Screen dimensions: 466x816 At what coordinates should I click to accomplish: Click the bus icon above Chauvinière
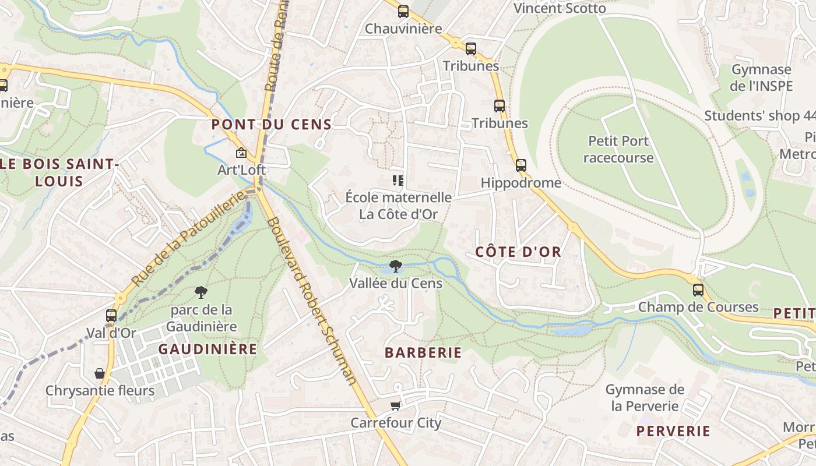tap(403, 12)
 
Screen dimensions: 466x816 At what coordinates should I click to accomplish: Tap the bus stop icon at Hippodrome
tap(521, 165)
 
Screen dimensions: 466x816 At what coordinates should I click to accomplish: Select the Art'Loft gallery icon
tap(241, 153)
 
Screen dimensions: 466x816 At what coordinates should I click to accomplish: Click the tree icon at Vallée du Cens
tap(396, 267)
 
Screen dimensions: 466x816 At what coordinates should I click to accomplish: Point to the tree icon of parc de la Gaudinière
tap(201, 292)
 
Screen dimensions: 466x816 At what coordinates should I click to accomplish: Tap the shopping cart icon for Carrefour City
tap(396, 406)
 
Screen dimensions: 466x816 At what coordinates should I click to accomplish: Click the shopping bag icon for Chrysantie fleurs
tap(100, 373)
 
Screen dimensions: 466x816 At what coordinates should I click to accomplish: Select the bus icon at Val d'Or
tap(111, 316)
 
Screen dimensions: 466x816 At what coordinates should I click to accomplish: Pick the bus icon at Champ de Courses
tap(698, 290)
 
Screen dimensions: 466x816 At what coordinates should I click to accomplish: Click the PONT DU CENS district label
tap(271, 124)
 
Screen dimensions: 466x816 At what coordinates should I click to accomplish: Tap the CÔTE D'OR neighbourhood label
tap(518, 252)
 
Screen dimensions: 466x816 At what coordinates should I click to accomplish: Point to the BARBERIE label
tap(423, 352)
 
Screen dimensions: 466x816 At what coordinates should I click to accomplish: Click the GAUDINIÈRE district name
tap(207, 349)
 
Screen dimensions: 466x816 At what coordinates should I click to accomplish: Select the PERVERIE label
tap(673, 431)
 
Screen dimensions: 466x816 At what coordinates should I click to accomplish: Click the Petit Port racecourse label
tap(618, 149)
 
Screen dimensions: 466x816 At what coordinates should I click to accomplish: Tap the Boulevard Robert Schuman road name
tap(312, 301)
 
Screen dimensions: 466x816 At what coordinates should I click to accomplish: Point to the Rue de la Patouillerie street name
tap(188, 239)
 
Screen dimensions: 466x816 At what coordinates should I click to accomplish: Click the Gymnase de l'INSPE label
tap(761, 77)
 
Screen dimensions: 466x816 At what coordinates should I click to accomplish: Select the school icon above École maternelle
tap(398, 181)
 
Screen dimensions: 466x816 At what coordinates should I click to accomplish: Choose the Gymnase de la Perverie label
tap(645, 397)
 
